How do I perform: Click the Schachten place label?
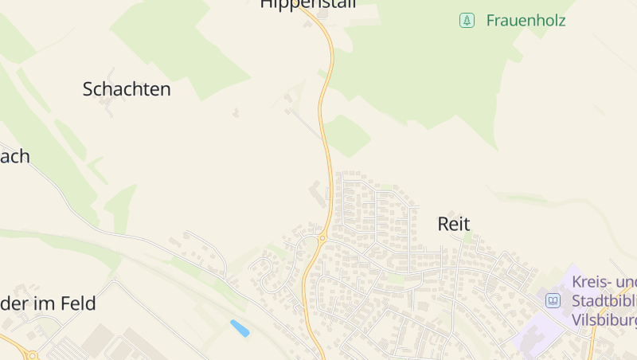127,89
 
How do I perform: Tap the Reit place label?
454,224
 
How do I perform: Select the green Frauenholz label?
526,21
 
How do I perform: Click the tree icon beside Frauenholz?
467,21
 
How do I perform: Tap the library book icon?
553,301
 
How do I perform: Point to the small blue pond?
239,327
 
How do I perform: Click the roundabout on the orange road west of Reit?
322,237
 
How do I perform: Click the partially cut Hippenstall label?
307,4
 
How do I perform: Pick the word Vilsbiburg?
604,320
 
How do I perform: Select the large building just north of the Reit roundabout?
317,193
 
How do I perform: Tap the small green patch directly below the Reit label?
468,237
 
